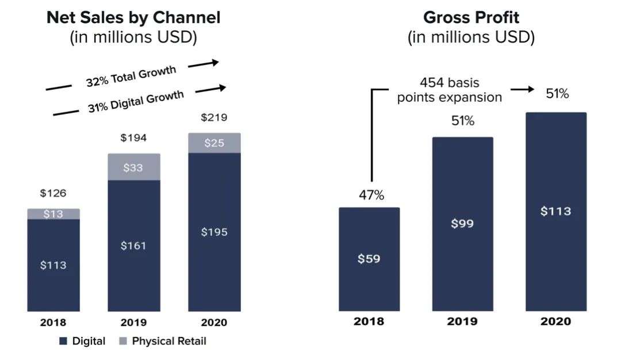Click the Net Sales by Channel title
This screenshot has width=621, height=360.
[x=133, y=18]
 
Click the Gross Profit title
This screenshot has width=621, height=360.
[x=471, y=18]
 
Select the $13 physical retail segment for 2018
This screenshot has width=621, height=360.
[x=53, y=214]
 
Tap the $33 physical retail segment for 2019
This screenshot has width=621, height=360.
[x=133, y=168]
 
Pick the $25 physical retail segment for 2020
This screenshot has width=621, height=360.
[x=214, y=143]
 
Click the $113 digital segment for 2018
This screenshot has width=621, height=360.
[x=53, y=265]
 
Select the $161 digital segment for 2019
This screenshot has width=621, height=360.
[x=133, y=246]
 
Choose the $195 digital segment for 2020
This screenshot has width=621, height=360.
[x=214, y=232]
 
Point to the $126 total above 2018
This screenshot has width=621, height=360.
[x=53, y=193]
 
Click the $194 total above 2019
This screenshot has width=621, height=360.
[x=133, y=138]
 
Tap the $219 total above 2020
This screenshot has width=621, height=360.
[x=214, y=118]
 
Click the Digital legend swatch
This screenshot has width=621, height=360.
[x=64, y=341]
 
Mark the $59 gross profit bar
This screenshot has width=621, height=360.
[x=369, y=259]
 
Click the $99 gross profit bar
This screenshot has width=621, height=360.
[x=462, y=224]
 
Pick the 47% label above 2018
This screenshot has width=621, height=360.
[x=371, y=195]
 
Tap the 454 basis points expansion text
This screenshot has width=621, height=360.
[x=449, y=90]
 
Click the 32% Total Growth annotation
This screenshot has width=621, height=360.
[x=131, y=76]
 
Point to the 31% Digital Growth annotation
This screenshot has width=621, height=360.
[x=136, y=100]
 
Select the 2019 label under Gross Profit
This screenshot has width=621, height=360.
[x=462, y=321]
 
